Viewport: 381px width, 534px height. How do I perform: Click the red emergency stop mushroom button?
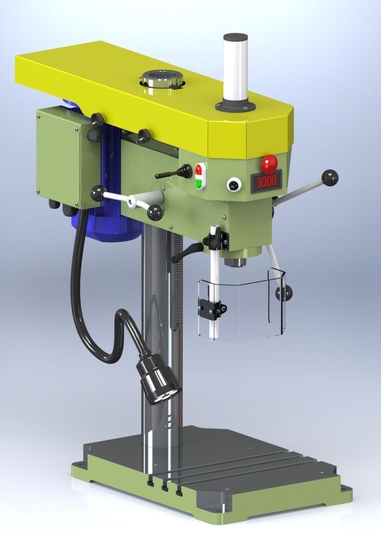(269, 164)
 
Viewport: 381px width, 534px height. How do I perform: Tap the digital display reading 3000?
(266, 181)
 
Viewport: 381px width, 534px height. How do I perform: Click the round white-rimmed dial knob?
(234, 185)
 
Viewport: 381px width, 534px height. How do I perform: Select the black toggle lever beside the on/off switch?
(174, 172)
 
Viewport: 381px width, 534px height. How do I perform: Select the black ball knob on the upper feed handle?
(330, 178)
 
